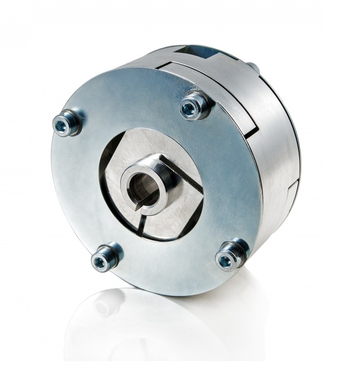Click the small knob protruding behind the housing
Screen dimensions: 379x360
point(253,67)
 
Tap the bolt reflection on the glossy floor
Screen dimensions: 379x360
point(106,304)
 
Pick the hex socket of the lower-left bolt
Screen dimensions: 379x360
point(102,261)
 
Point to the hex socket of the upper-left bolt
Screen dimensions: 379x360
point(62,126)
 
